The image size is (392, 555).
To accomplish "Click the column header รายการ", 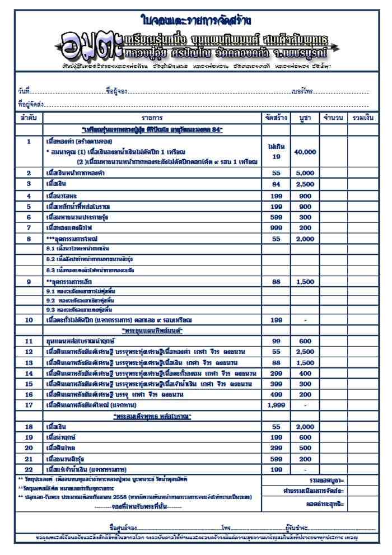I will pyautogui.click(x=152, y=118).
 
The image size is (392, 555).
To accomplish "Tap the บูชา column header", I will pyautogui.click(x=305, y=118).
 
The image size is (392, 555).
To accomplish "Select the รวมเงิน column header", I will pyautogui.click(x=360, y=118).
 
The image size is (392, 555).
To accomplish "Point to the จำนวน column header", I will pyautogui.click(x=333, y=118).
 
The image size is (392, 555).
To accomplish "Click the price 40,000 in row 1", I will pyautogui.click(x=305, y=152).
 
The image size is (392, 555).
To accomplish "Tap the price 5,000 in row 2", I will pyautogui.click(x=305, y=174).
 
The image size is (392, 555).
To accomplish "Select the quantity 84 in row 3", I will pyautogui.click(x=276, y=184).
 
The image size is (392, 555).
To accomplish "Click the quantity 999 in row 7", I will pyautogui.click(x=276, y=228).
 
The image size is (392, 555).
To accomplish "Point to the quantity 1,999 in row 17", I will pyautogui.click(x=276, y=404).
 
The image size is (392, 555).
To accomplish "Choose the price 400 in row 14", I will pyautogui.click(x=305, y=373).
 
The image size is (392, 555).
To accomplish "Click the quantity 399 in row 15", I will pyautogui.click(x=276, y=384).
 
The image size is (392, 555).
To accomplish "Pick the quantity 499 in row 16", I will pyautogui.click(x=276, y=394).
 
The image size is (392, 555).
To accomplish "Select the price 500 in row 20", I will pyautogui.click(x=305, y=448).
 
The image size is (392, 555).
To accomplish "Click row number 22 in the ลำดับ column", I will pyautogui.click(x=29, y=469).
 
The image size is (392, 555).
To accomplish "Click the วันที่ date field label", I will pyautogui.click(x=23, y=92).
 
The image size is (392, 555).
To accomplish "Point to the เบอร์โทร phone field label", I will pyautogui.click(x=302, y=92).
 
